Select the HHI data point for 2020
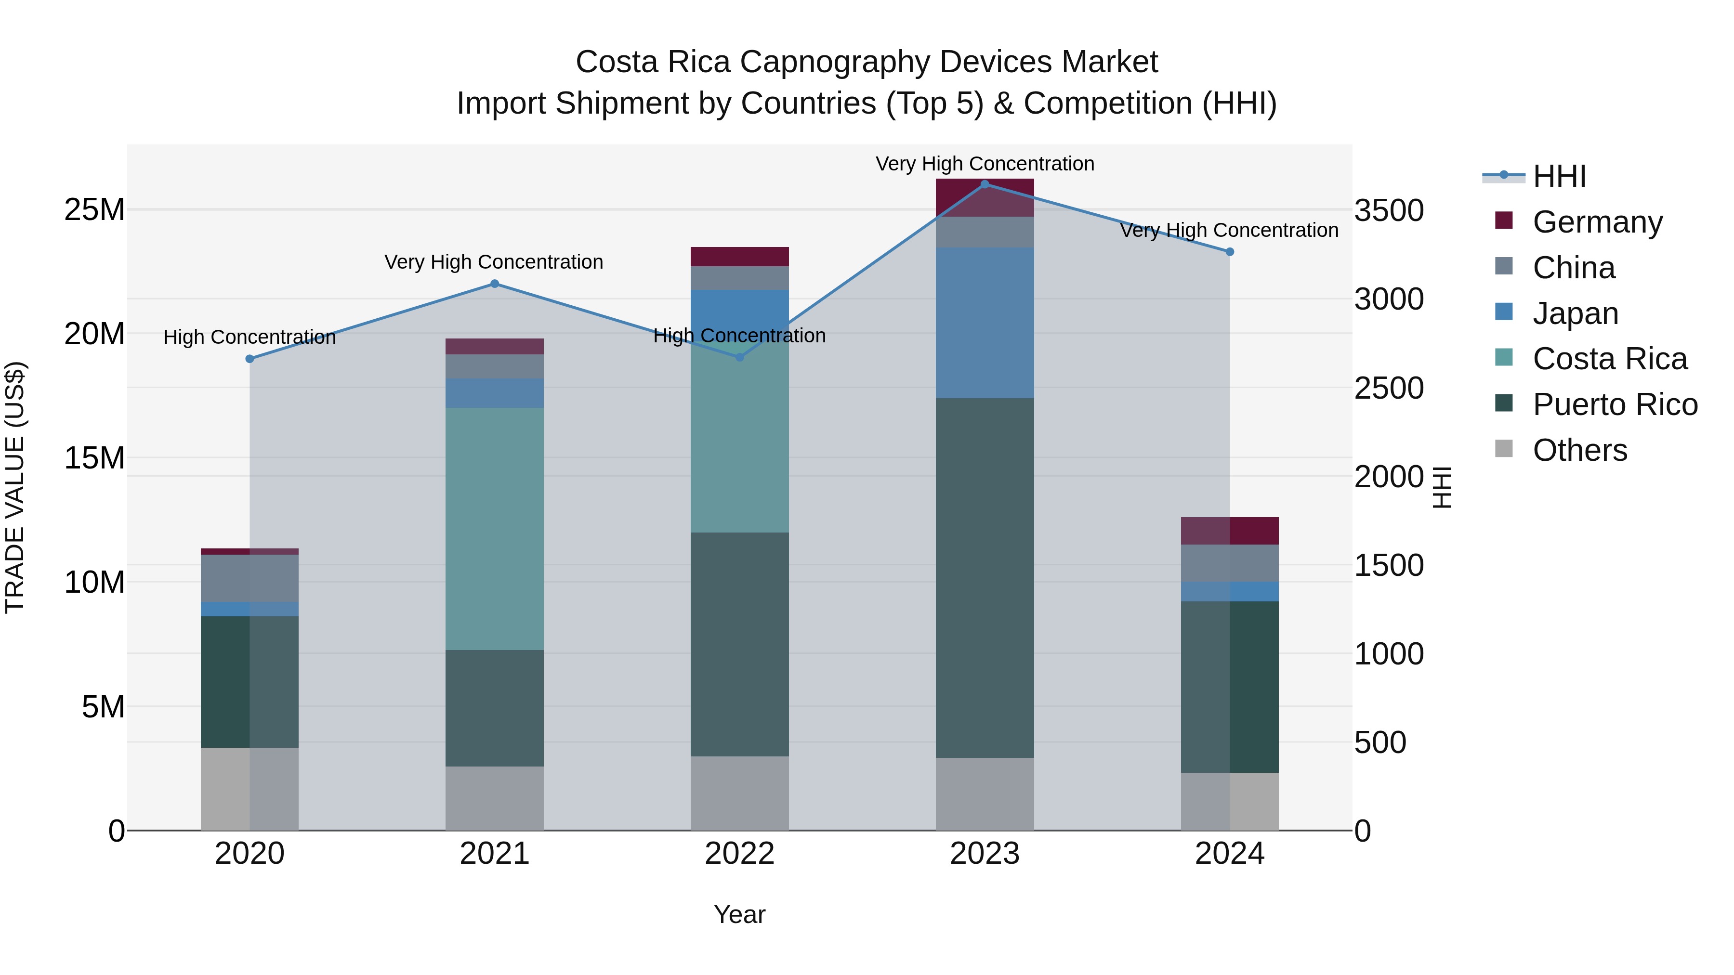point(250,359)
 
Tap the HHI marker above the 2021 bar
point(495,284)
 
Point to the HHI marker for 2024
point(1229,252)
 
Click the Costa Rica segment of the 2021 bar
point(495,528)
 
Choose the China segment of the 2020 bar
point(250,577)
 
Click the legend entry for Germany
point(1597,221)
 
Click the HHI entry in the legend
point(1559,176)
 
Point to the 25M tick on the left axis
point(94,210)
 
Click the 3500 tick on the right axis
point(1389,210)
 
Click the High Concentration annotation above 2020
point(250,337)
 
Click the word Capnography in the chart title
point(835,62)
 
